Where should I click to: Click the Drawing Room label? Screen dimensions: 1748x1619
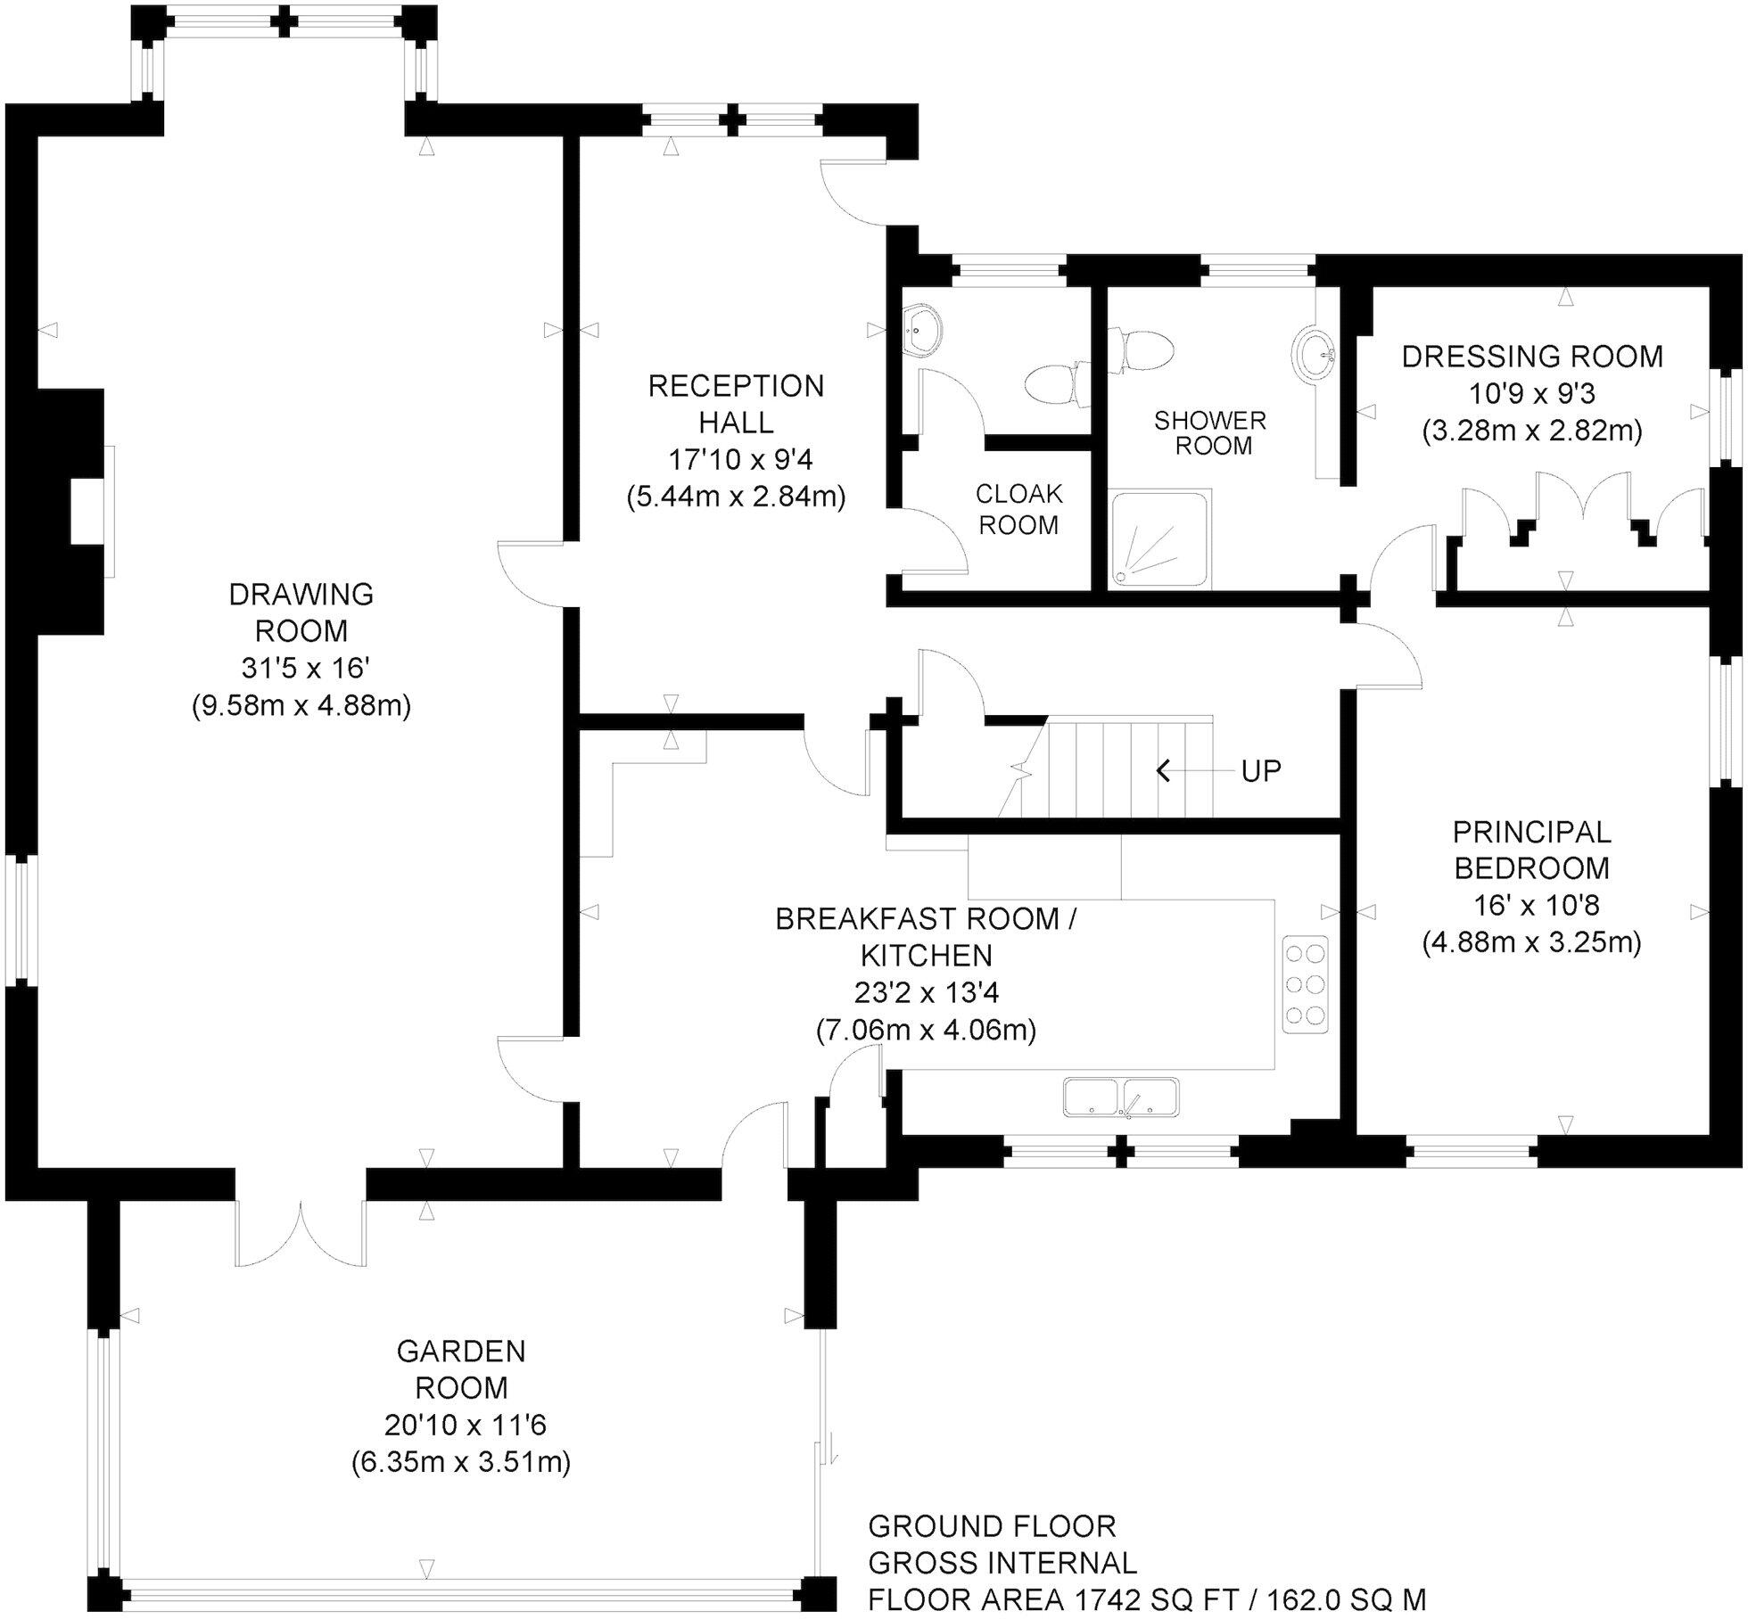(x=301, y=612)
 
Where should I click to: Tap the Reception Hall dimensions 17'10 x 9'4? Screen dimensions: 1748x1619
(x=740, y=460)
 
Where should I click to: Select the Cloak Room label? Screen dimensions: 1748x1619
(x=1018, y=509)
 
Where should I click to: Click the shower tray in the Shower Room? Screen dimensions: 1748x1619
(x=1159, y=539)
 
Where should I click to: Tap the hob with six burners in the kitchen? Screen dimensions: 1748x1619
(x=1305, y=984)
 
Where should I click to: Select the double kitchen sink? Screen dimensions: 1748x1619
(x=1121, y=1097)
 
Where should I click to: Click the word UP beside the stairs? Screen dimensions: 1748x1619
(x=1261, y=771)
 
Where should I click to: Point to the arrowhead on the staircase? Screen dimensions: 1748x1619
(x=1163, y=770)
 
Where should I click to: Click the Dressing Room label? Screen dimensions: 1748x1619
(x=1532, y=357)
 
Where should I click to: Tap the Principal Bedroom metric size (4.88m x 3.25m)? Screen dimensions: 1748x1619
(x=1531, y=942)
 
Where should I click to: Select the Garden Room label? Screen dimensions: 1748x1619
(x=461, y=1369)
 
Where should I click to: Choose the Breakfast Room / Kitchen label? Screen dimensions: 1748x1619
(x=926, y=937)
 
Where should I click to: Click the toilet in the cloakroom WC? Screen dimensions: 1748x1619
(x=1055, y=385)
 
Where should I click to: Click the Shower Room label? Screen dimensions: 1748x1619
(x=1210, y=432)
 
